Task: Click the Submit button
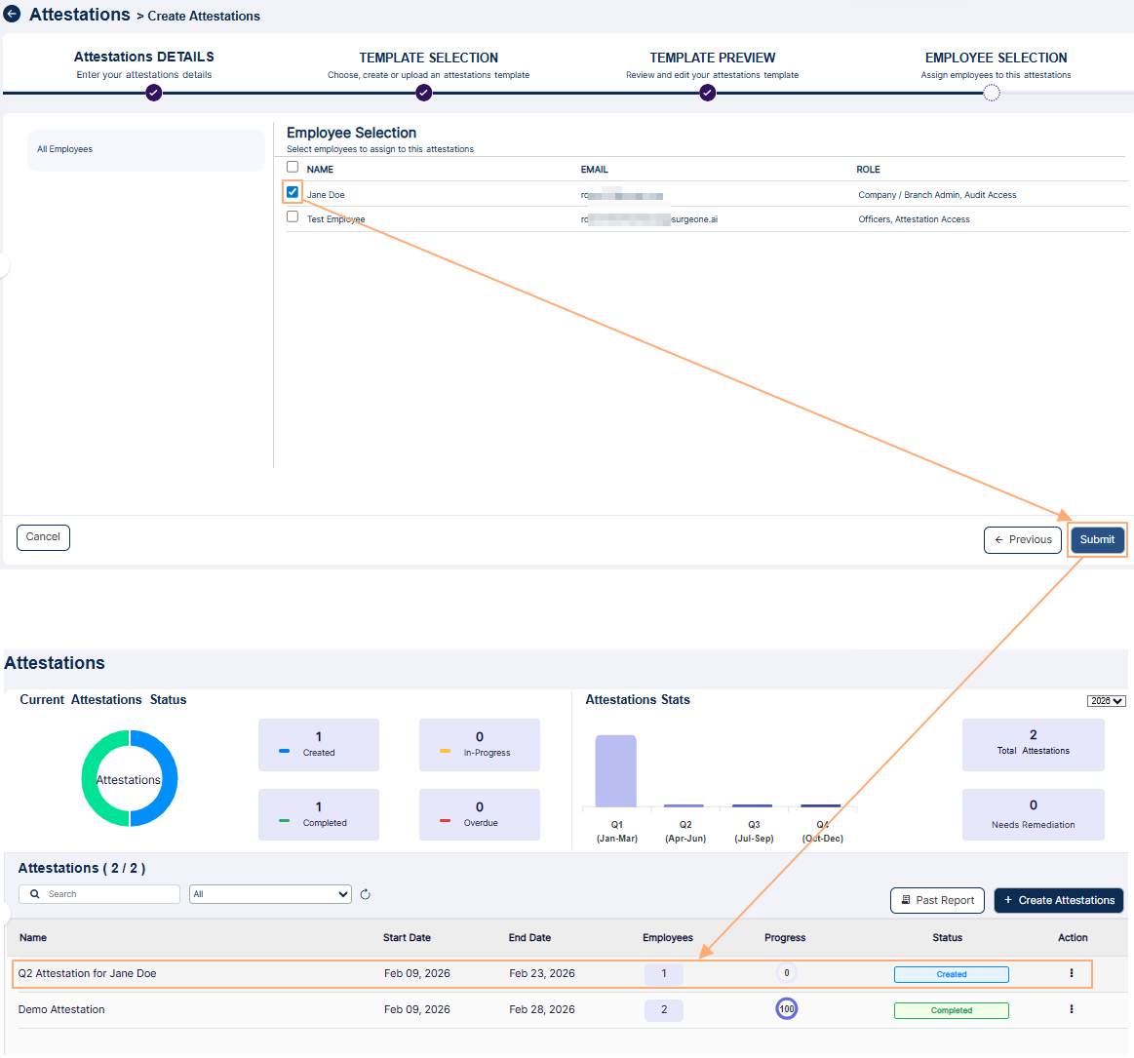pos(1097,540)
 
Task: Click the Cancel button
pos(43,537)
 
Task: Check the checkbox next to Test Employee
pos(293,216)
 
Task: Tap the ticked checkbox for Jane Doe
pos(293,192)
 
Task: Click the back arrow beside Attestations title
pos(13,15)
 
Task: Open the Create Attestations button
pos(1059,901)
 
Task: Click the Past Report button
pos(937,901)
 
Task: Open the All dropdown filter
pos(270,894)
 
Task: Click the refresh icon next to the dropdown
pos(366,894)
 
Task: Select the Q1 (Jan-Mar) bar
pos(615,771)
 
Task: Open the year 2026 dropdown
pos(1107,701)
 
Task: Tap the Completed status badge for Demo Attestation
pos(951,1010)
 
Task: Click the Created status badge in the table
pos(951,974)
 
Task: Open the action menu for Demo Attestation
pos(1072,1009)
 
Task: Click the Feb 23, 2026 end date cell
pos(542,973)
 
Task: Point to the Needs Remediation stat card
pos(1033,814)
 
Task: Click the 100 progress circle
pos(787,1009)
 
